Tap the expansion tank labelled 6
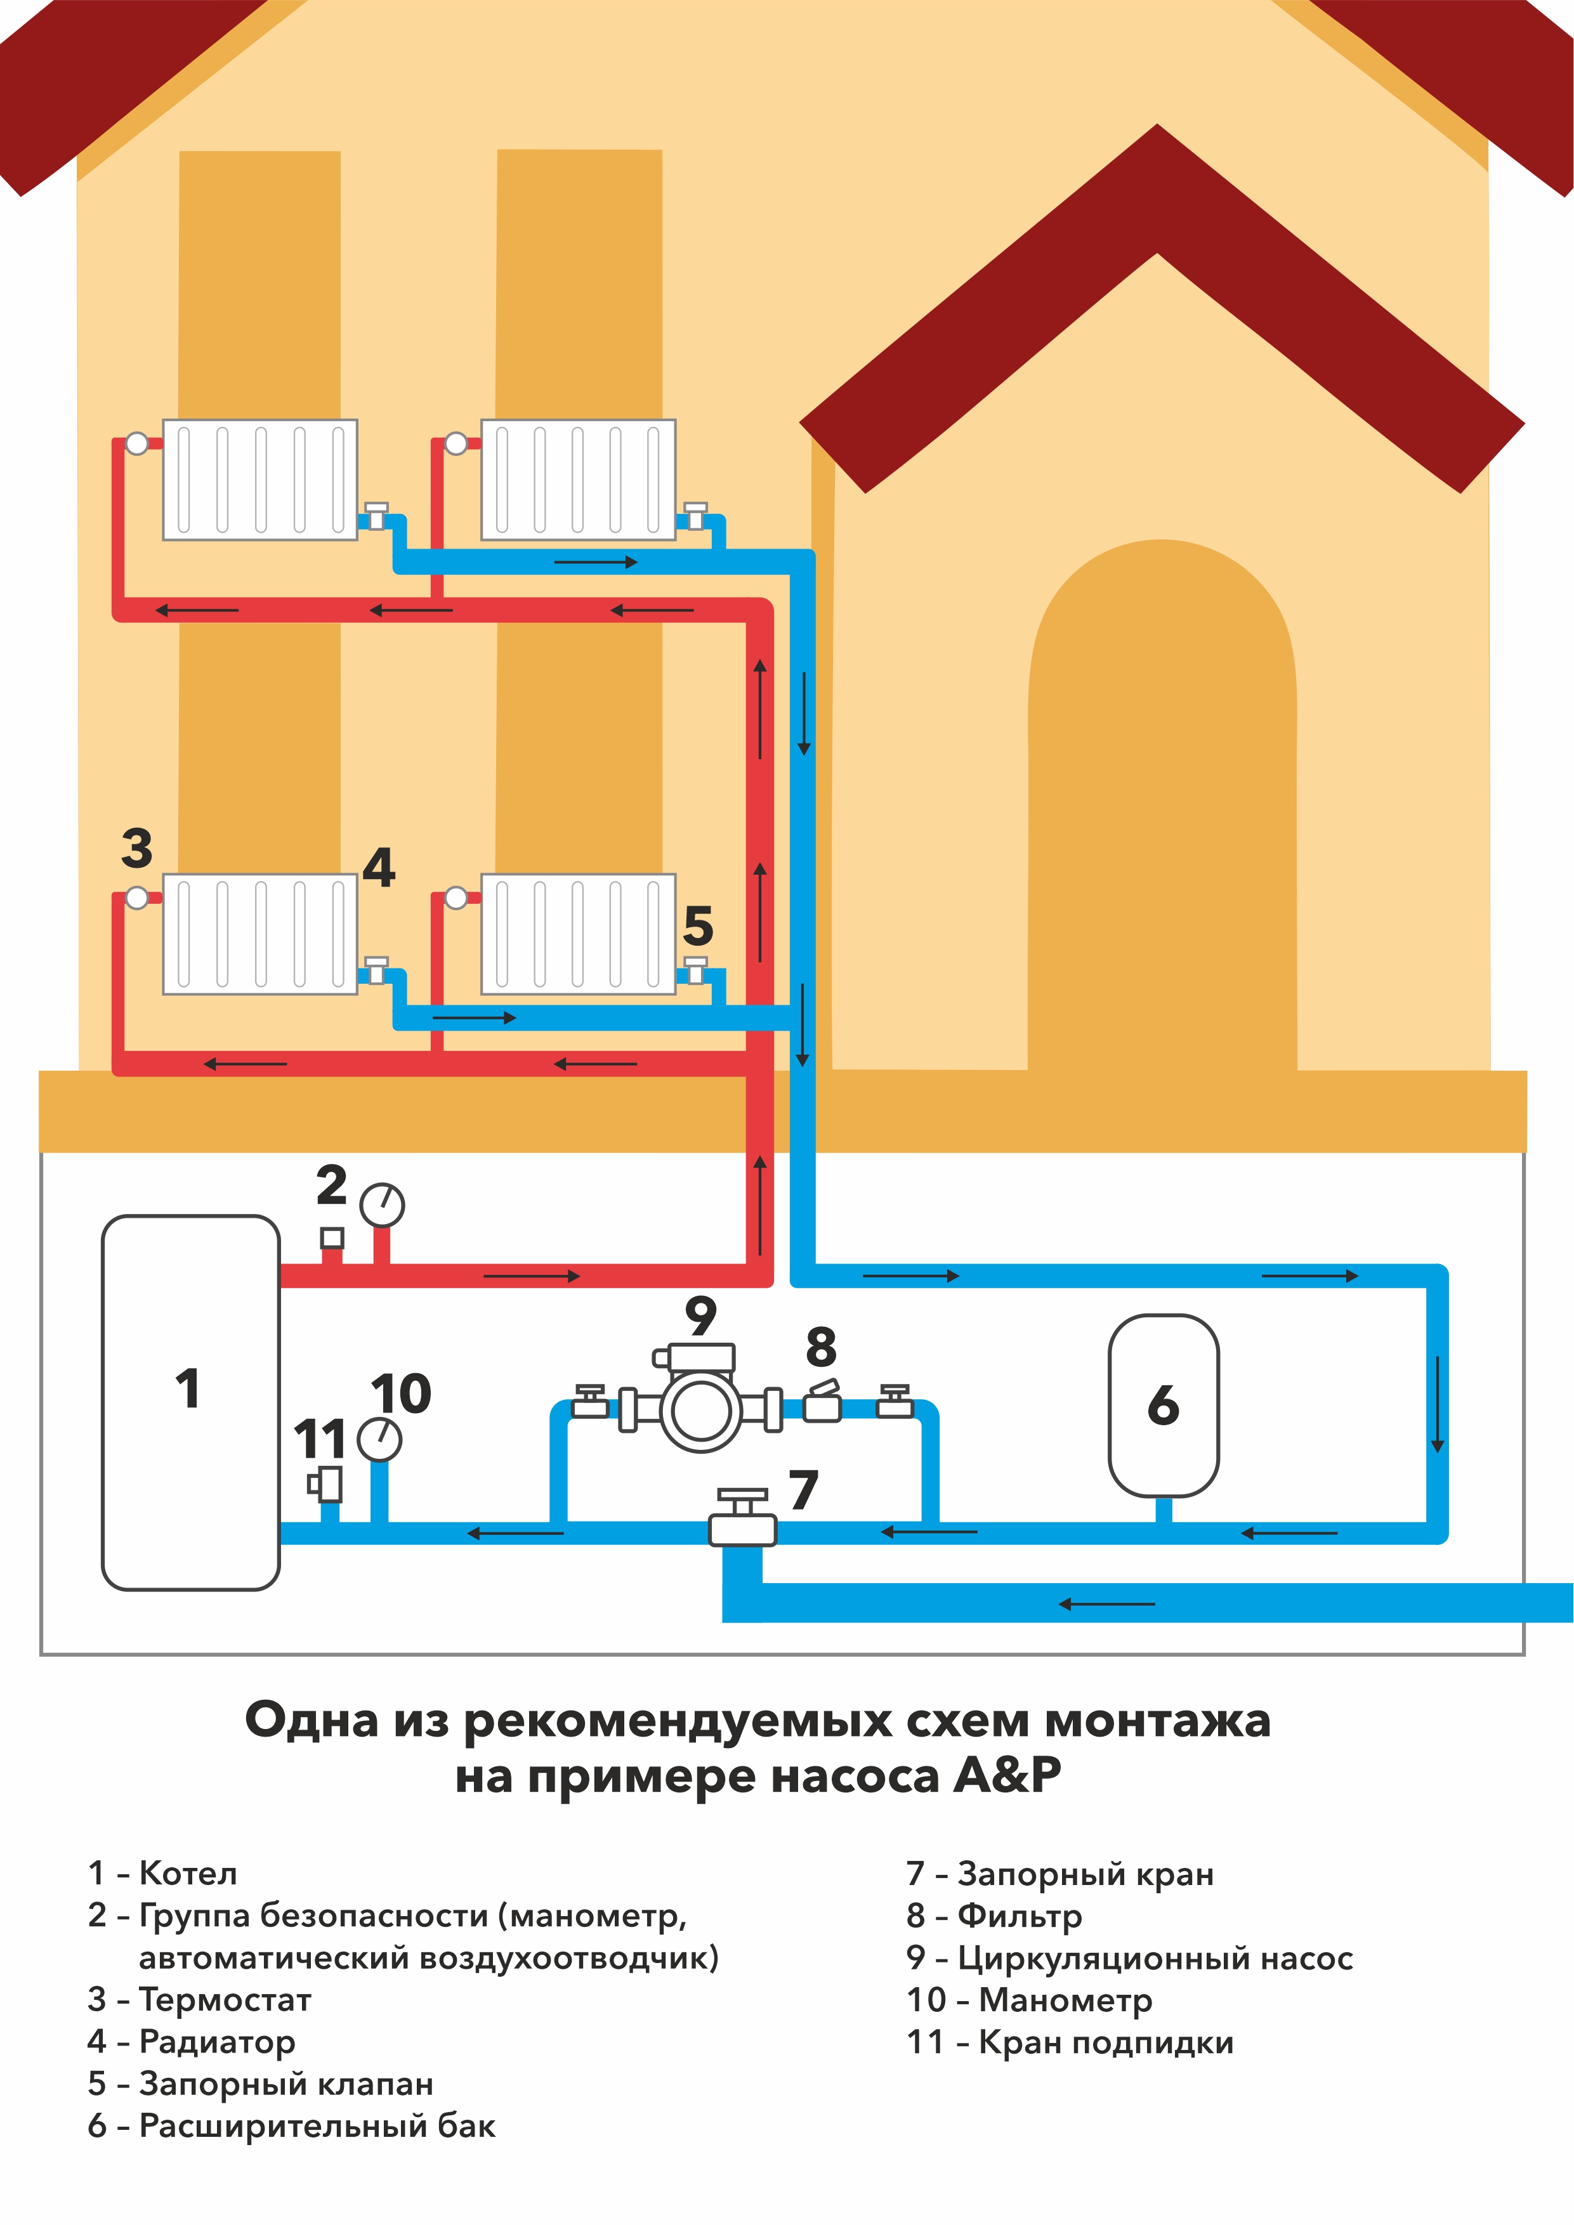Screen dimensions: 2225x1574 pos(1163,1405)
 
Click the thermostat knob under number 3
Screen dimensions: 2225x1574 pos(138,898)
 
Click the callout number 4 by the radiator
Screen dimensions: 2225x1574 pos(379,867)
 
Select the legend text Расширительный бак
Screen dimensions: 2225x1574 pos(317,2125)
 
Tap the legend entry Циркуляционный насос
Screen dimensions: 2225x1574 pos(1155,1957)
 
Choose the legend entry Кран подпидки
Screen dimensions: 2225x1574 pos(1106,2042)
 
